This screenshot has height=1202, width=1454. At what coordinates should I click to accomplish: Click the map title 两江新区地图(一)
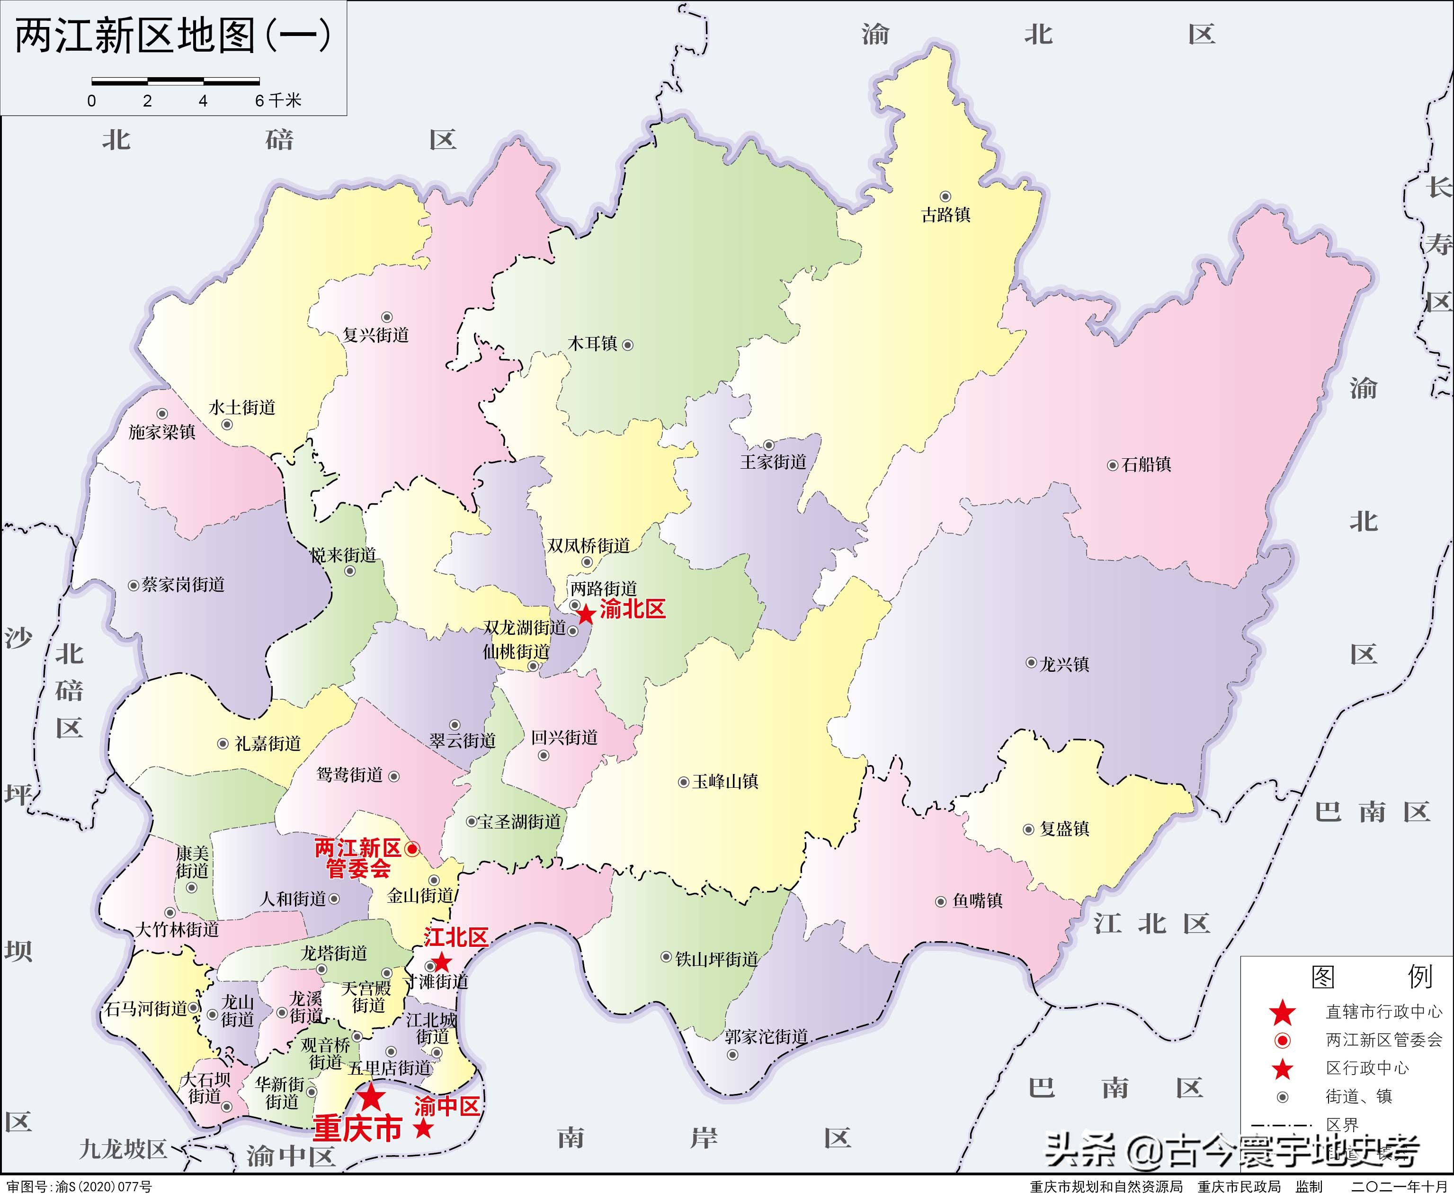coord(173,36)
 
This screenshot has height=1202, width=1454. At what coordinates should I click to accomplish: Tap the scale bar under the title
coord(175,81)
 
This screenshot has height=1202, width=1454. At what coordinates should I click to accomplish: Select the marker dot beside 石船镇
coord(1112,465)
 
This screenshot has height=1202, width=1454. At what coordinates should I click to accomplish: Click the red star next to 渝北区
coord(586,614)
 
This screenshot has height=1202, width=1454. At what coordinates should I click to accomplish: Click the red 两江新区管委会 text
coord(358,859)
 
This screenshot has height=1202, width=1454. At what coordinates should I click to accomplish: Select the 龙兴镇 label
coord(1064,665)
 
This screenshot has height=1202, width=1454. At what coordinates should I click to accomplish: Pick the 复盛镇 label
coord(1064,829)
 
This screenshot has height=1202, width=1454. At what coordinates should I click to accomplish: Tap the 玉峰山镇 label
coord(725,782)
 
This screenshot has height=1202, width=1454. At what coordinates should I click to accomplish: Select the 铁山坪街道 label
coord(717,960)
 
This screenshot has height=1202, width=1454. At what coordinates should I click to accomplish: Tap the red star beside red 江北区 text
coord(441,962)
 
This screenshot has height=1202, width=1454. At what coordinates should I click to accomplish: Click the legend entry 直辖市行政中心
coord(1383,1012)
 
